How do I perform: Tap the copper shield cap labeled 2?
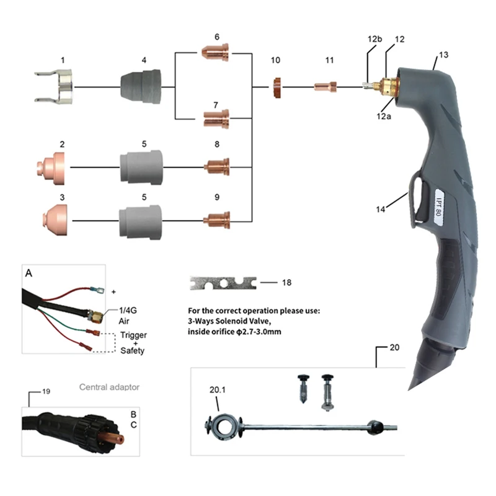[x=51, y=167]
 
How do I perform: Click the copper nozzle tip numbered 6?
[x=217, y=54]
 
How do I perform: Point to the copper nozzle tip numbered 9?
[x=218, y=219]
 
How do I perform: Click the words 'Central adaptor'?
[x=109, y=387]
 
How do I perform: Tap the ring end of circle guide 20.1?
[x=219, y=426]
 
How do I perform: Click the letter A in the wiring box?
[x=29, y=273]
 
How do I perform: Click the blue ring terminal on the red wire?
[x=95, y=288]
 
